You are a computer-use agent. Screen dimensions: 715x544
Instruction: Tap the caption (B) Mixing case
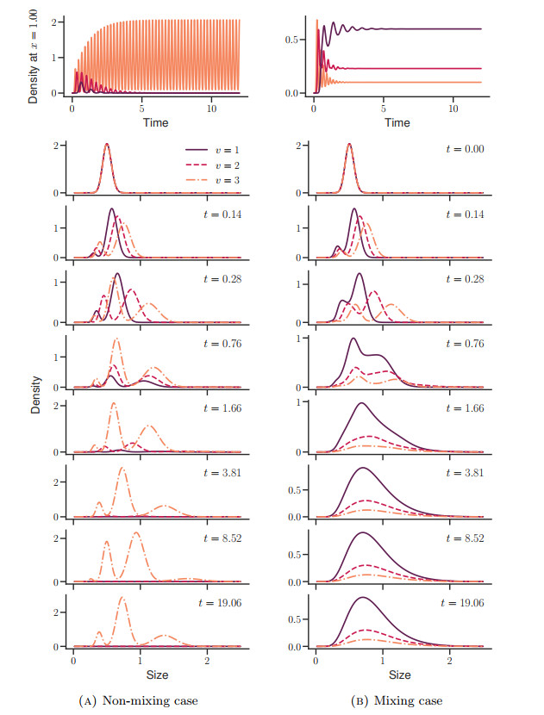coord(397,701)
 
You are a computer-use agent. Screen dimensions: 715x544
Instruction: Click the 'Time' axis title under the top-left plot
coord(154,123)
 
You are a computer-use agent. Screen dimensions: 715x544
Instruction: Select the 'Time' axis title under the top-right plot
coord(397,123)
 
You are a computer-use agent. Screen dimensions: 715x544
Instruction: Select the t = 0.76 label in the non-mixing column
coord(220,342)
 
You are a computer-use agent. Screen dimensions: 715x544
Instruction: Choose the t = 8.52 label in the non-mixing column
coord(220,538)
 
